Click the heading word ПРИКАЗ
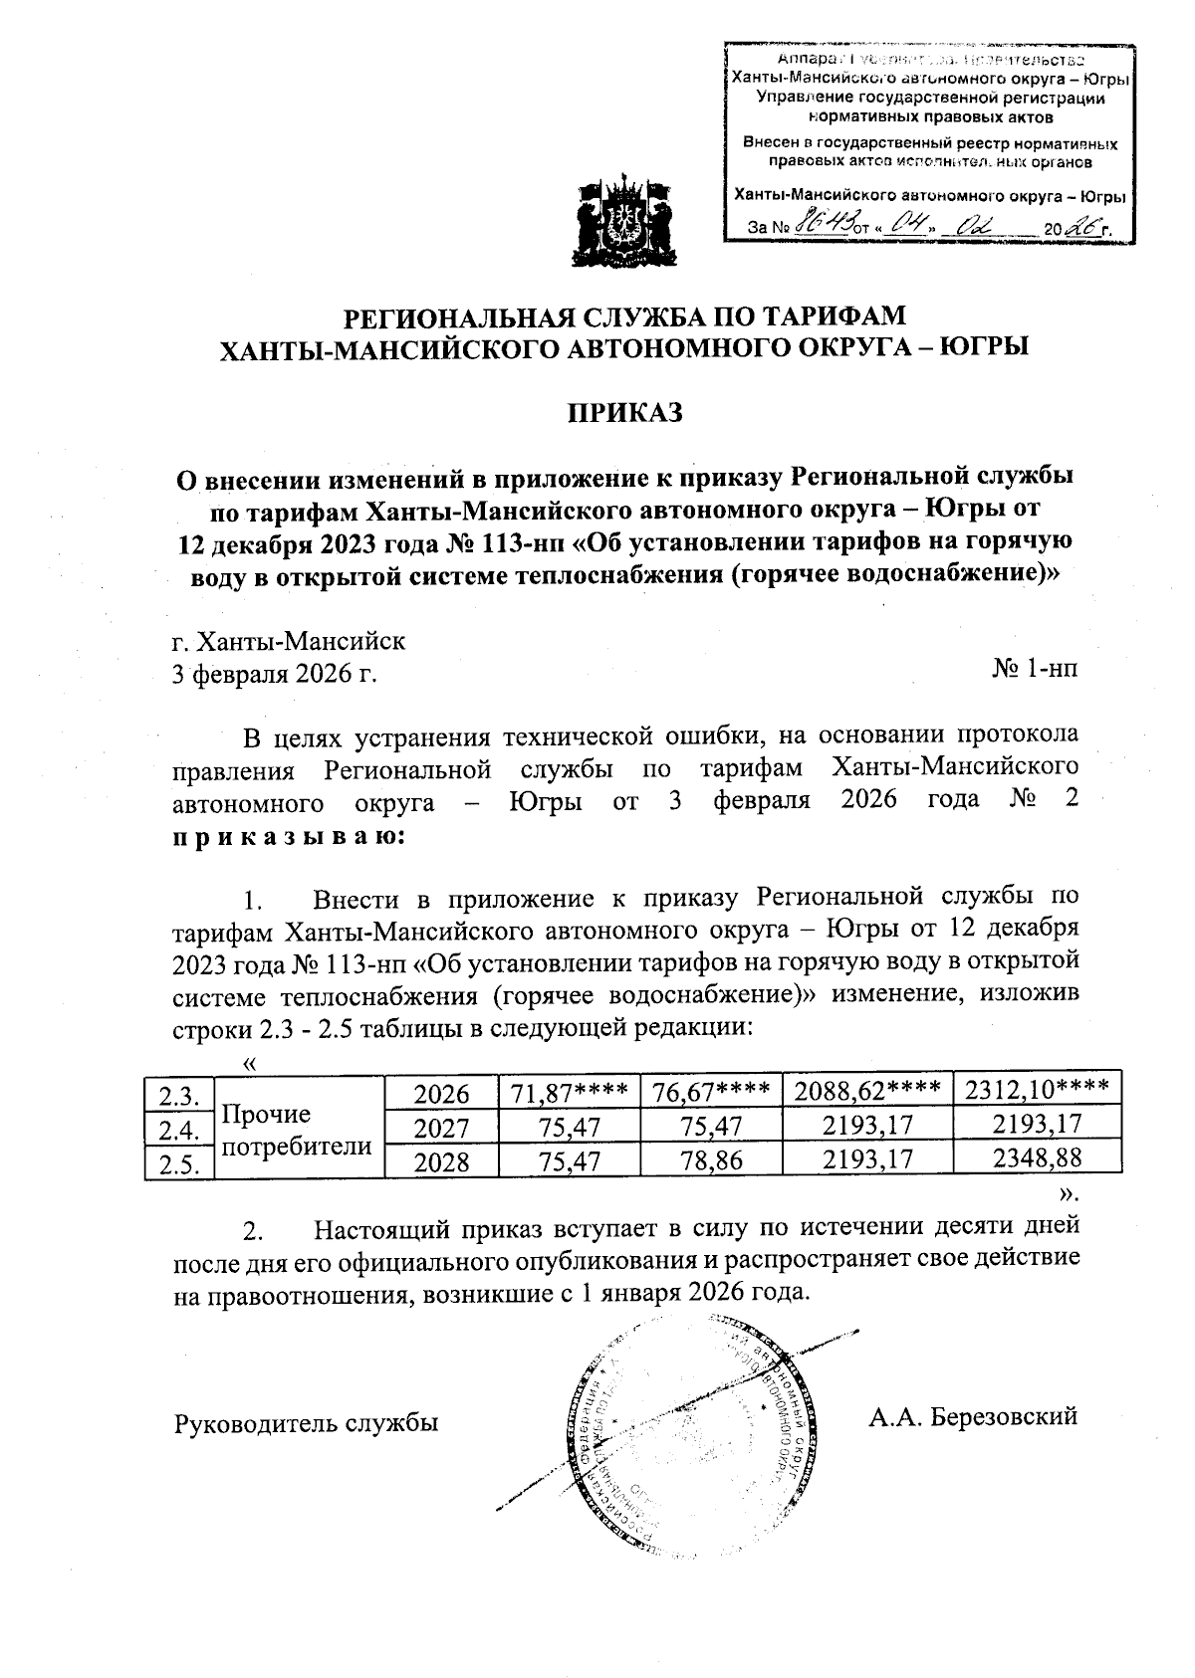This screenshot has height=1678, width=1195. (624, 412)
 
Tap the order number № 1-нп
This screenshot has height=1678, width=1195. (1035, 672)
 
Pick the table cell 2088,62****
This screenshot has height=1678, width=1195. (866, 1093)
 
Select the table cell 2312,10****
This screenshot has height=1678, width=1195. (1037, 1092)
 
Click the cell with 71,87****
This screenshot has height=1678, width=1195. (569, 1093)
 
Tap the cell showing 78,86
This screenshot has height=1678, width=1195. (711, 1160)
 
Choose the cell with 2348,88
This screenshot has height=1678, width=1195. (1037, 1159)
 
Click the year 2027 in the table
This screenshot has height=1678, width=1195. (441, 1128)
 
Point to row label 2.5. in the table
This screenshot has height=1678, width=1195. (179, 1163)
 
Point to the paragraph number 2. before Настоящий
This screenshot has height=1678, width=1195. (256, 1232)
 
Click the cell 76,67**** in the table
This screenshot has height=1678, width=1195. (711, 1093)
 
